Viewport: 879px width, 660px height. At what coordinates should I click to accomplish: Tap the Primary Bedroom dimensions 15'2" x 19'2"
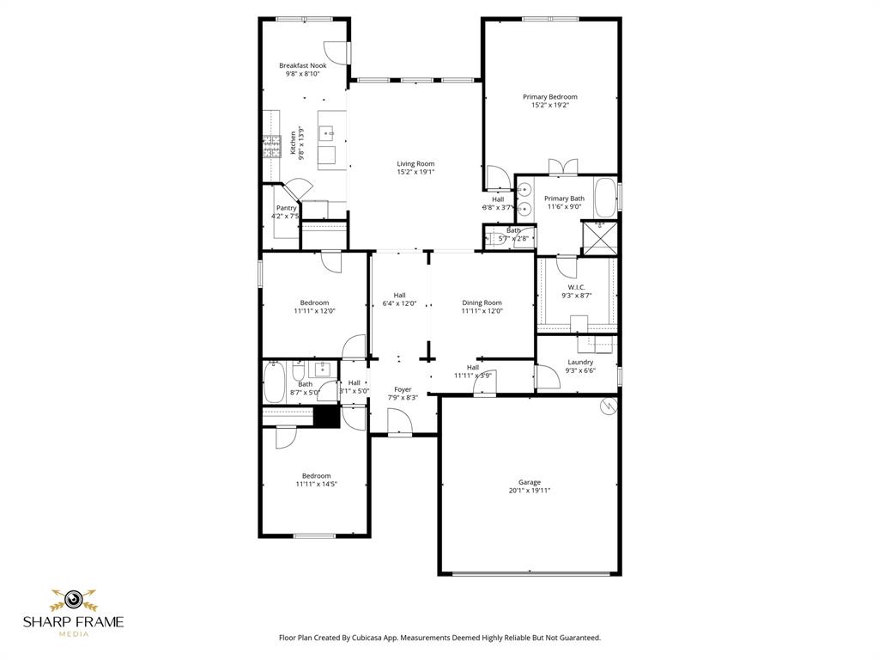tap(549, 106)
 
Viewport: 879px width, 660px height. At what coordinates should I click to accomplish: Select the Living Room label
tap(415, 163)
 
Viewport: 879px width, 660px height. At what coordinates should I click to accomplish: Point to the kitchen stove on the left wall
tap(272, 147)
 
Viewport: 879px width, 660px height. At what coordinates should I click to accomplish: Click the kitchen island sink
tap(326, 134)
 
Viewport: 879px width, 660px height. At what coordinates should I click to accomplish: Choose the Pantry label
tap(286, 208)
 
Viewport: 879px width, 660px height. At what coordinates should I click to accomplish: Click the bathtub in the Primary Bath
tap(605, 198)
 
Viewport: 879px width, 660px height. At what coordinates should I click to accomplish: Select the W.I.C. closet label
tap(576, 287)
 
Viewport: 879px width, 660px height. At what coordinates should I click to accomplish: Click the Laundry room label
tap(580, 362)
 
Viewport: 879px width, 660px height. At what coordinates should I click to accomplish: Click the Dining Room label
tap(482, 302)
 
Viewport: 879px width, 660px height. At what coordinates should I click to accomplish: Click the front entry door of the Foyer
tap(400, 423)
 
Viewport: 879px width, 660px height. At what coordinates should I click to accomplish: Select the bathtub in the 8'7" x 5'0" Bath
tap(274, 383)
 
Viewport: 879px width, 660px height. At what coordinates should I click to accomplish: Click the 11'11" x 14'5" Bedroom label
tap(315, 476)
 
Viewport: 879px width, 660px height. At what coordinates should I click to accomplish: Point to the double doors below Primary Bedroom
tap(563, 166)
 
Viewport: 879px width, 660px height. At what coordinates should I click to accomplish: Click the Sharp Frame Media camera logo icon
tap(73, 598)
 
